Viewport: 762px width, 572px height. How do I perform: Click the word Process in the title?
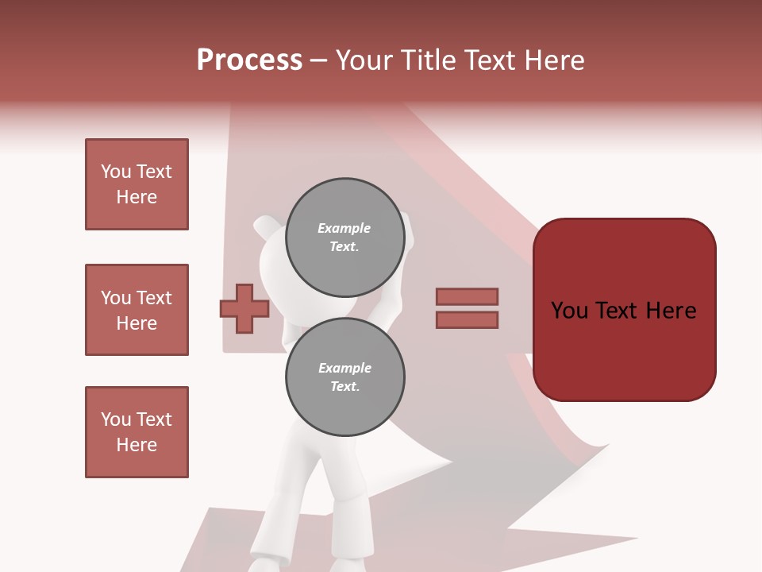tap(249, 60)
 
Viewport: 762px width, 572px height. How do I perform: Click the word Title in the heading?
tap(427, 60)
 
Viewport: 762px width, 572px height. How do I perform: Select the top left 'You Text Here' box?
tap(137, 184)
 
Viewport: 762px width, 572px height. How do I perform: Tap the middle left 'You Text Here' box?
tap(137, 310)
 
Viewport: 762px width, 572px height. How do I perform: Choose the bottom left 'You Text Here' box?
tap(137, 432)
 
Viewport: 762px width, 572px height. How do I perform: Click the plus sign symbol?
tap(244, 308)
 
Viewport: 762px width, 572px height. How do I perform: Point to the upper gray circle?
tap(344, 238)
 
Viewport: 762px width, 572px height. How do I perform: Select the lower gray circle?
tap(344, 377)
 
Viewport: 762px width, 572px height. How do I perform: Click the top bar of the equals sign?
tap(467, 296)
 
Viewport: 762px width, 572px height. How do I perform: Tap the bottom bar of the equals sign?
tap(467, 320)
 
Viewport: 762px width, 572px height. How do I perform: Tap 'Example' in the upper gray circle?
tap(344, 228)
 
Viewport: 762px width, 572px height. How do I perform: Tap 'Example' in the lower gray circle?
tap(344, 368)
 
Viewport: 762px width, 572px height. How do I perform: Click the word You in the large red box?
tap(569, 311)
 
